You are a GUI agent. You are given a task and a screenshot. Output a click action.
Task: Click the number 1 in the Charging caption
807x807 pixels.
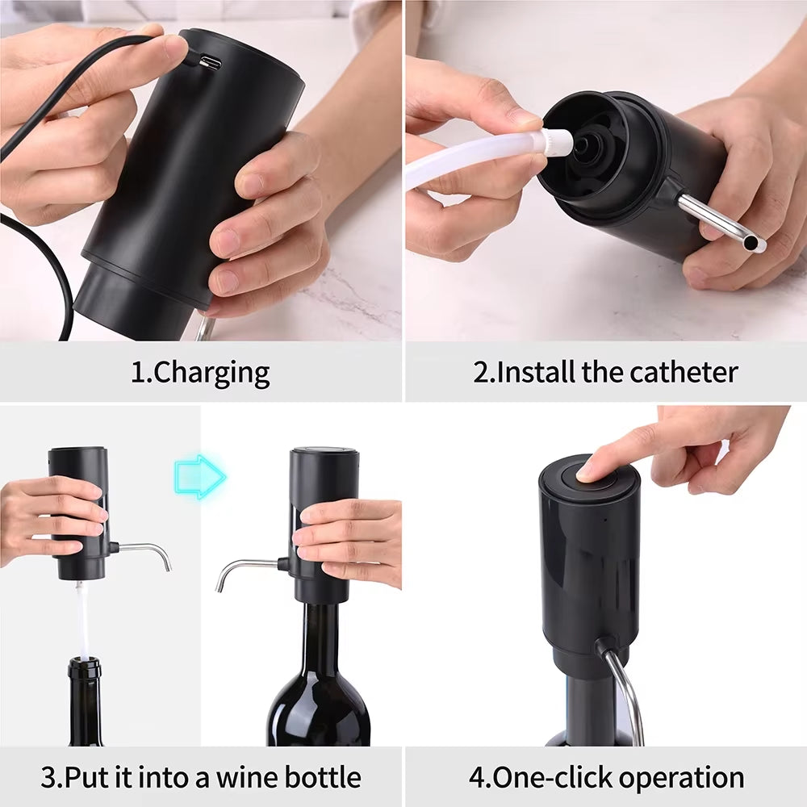coord(137,373)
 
